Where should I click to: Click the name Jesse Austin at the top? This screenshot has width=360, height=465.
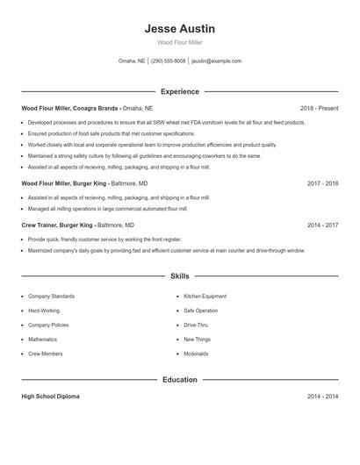(x=179, y=29)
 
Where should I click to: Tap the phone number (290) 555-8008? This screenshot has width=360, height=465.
(x=168, y=61)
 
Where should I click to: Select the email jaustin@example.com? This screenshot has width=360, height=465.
(x=216, y=61)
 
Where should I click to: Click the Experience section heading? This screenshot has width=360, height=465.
(x=179, y=91)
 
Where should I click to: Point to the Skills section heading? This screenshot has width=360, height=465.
(x=179, y=276)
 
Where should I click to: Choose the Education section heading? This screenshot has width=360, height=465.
(x=179, y=380)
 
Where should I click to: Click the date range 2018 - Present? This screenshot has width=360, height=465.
(x=319, y=108)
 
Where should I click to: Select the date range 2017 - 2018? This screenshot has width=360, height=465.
(x=322, y=183)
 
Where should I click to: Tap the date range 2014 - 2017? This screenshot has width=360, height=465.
(x=322, y=225)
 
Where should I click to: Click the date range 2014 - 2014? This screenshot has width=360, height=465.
(x=322, y=397)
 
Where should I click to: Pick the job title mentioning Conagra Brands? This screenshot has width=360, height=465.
(x=70, y=108)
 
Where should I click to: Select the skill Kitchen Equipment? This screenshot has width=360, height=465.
(x=205, y=297)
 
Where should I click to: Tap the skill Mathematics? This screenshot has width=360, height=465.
(x=42, y=339)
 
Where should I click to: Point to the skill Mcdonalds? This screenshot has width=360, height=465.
(x=196, y=354)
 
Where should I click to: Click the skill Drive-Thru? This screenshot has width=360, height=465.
(x=196, y=325)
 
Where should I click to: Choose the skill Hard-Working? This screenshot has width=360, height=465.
(x=44, y=311)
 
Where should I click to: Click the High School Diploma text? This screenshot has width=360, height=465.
(x=50, y=397)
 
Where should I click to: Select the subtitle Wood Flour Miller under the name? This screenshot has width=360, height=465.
(x=179, y=42)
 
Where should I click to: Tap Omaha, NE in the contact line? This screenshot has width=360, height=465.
(x=132, y=61)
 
